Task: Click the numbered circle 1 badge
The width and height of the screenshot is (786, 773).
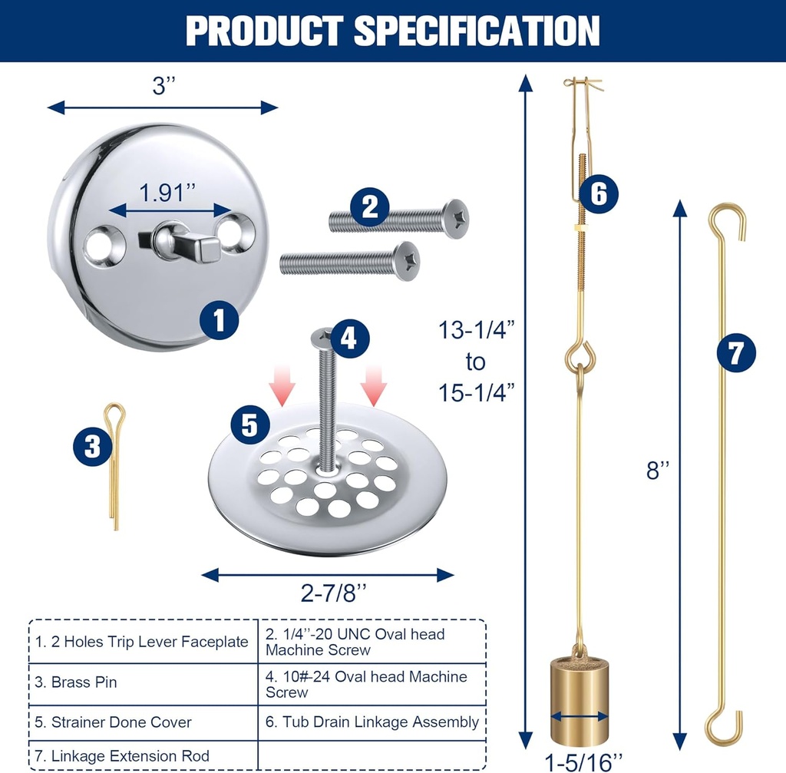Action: pos(220,319)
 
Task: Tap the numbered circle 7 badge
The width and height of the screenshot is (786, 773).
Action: pos(735,354)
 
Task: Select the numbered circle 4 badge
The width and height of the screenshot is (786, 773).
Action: pos(349,339)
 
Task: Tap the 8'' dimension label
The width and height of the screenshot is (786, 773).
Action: pos(654,471)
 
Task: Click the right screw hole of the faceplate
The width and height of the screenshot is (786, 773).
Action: pos(235,228)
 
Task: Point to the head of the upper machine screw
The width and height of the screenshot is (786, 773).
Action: pos(456,218)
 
